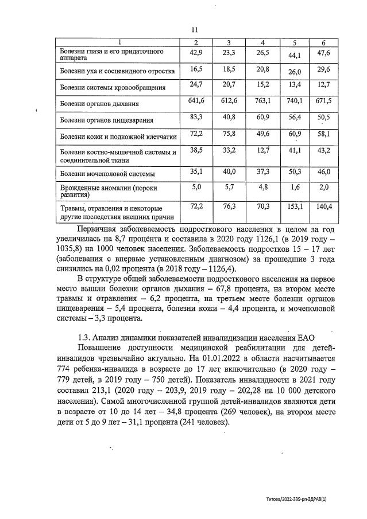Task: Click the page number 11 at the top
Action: click(194, 30)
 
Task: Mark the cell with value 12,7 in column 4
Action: click(262, 150)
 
